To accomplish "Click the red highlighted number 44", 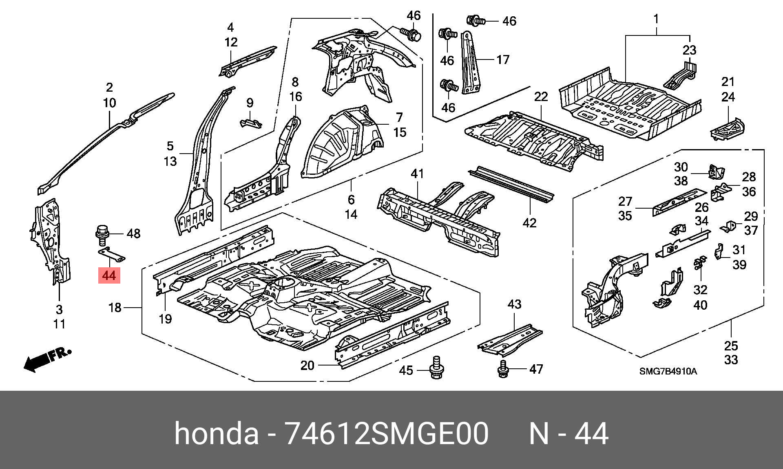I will point(109,275).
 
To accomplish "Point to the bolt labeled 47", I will point(503,369).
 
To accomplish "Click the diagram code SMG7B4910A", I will point(668,371).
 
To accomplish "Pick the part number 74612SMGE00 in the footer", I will point(386,434).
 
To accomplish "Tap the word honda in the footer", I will point(216,434).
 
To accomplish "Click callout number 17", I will point(503,60).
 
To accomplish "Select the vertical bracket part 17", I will point(470,63).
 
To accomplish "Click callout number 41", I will point(417,174).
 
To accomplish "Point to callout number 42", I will point(529,223).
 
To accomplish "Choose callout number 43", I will point(514,304).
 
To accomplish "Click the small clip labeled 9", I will point(250,123).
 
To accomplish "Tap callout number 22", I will point(541,97).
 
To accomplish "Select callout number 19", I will point(165,319).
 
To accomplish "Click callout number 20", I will point(307,366).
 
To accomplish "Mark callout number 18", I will point(115,307).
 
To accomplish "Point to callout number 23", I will point(689,50).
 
